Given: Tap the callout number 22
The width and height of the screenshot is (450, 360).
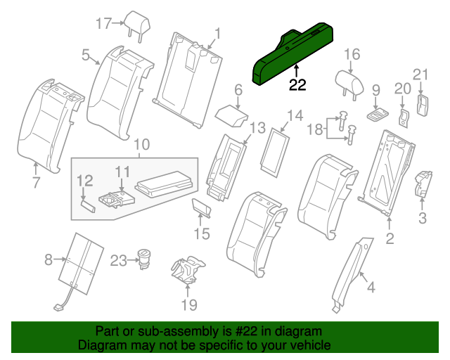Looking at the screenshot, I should point(298,85).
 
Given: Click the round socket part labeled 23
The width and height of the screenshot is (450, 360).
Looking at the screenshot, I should point(145,258).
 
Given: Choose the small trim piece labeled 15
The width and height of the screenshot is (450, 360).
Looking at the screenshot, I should point(202,208).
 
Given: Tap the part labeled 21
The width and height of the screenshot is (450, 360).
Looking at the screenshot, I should point(423,103).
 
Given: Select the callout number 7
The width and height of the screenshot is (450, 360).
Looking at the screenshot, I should point(36,183).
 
